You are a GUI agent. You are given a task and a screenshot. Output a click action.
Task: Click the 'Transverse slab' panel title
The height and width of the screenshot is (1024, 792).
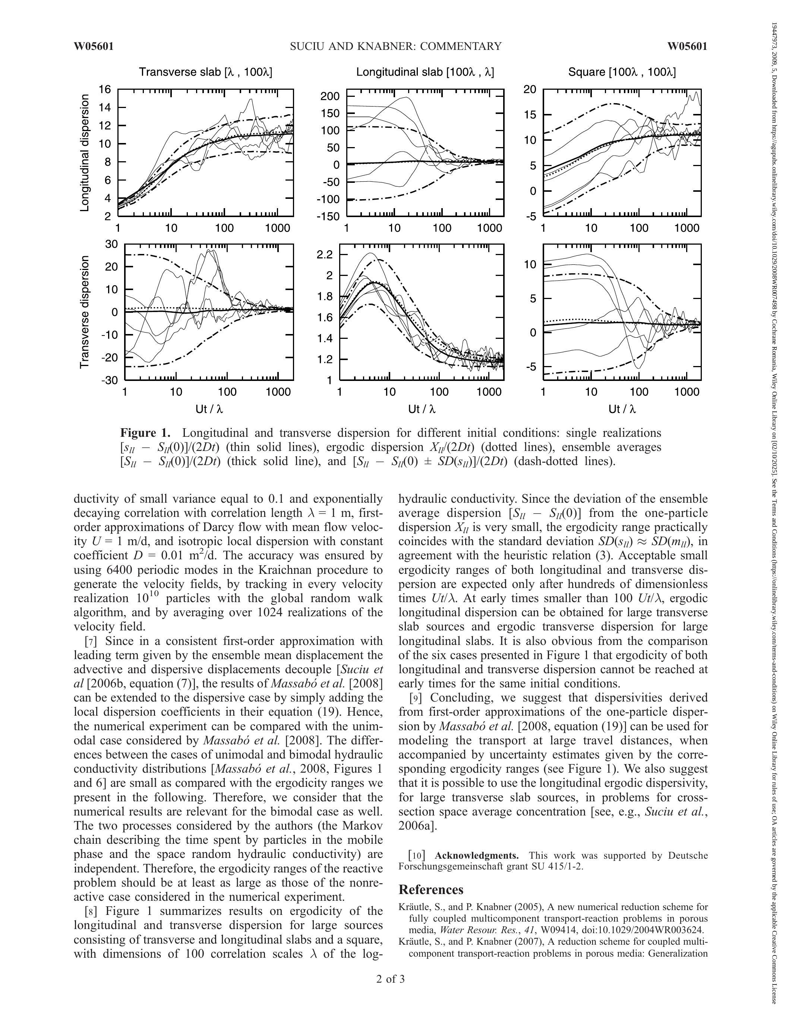coord(205,72)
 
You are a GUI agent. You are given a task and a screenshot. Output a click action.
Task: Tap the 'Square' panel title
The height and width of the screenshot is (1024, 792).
coord(622,72)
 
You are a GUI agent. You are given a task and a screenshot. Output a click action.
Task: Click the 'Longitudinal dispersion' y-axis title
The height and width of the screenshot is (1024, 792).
coord(85,153)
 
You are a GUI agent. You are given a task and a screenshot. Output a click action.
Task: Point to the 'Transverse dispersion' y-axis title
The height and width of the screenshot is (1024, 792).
coord(85,312)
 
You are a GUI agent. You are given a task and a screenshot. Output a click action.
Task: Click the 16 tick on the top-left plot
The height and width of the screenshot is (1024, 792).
coord(105,89)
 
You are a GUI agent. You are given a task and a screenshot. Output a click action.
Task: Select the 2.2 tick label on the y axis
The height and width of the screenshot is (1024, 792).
coord(325,255)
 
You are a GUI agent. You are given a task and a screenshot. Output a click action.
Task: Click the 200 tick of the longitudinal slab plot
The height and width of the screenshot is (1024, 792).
coord(330,96)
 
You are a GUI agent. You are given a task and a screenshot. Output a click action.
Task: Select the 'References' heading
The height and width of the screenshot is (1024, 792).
coord(431,890)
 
